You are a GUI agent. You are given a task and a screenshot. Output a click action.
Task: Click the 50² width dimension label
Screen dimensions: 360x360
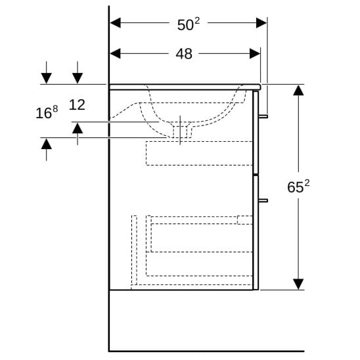click(x=189, y=24)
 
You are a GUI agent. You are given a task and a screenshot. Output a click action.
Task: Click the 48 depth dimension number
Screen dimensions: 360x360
click(x=184, y=54)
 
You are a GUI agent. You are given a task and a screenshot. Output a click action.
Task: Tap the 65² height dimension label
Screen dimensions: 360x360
click(x=298, y=186)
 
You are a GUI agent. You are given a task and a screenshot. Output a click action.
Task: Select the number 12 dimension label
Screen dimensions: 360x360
click(x=77, y=104)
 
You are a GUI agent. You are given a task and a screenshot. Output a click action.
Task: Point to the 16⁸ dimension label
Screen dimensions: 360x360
click(x=47, y=112)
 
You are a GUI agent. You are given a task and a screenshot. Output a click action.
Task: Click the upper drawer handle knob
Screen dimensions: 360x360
click(x=263, y=116)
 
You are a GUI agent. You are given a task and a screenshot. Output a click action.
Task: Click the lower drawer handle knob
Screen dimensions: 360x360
click(x=263, y=200)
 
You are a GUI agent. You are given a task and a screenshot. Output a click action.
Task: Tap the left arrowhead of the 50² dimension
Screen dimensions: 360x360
click(x=116, y=23)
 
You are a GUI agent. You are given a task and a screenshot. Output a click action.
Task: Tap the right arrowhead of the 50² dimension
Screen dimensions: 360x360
click(x=261, y=23)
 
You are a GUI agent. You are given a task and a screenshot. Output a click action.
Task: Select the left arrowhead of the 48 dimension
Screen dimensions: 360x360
click(x=115, y=54)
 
